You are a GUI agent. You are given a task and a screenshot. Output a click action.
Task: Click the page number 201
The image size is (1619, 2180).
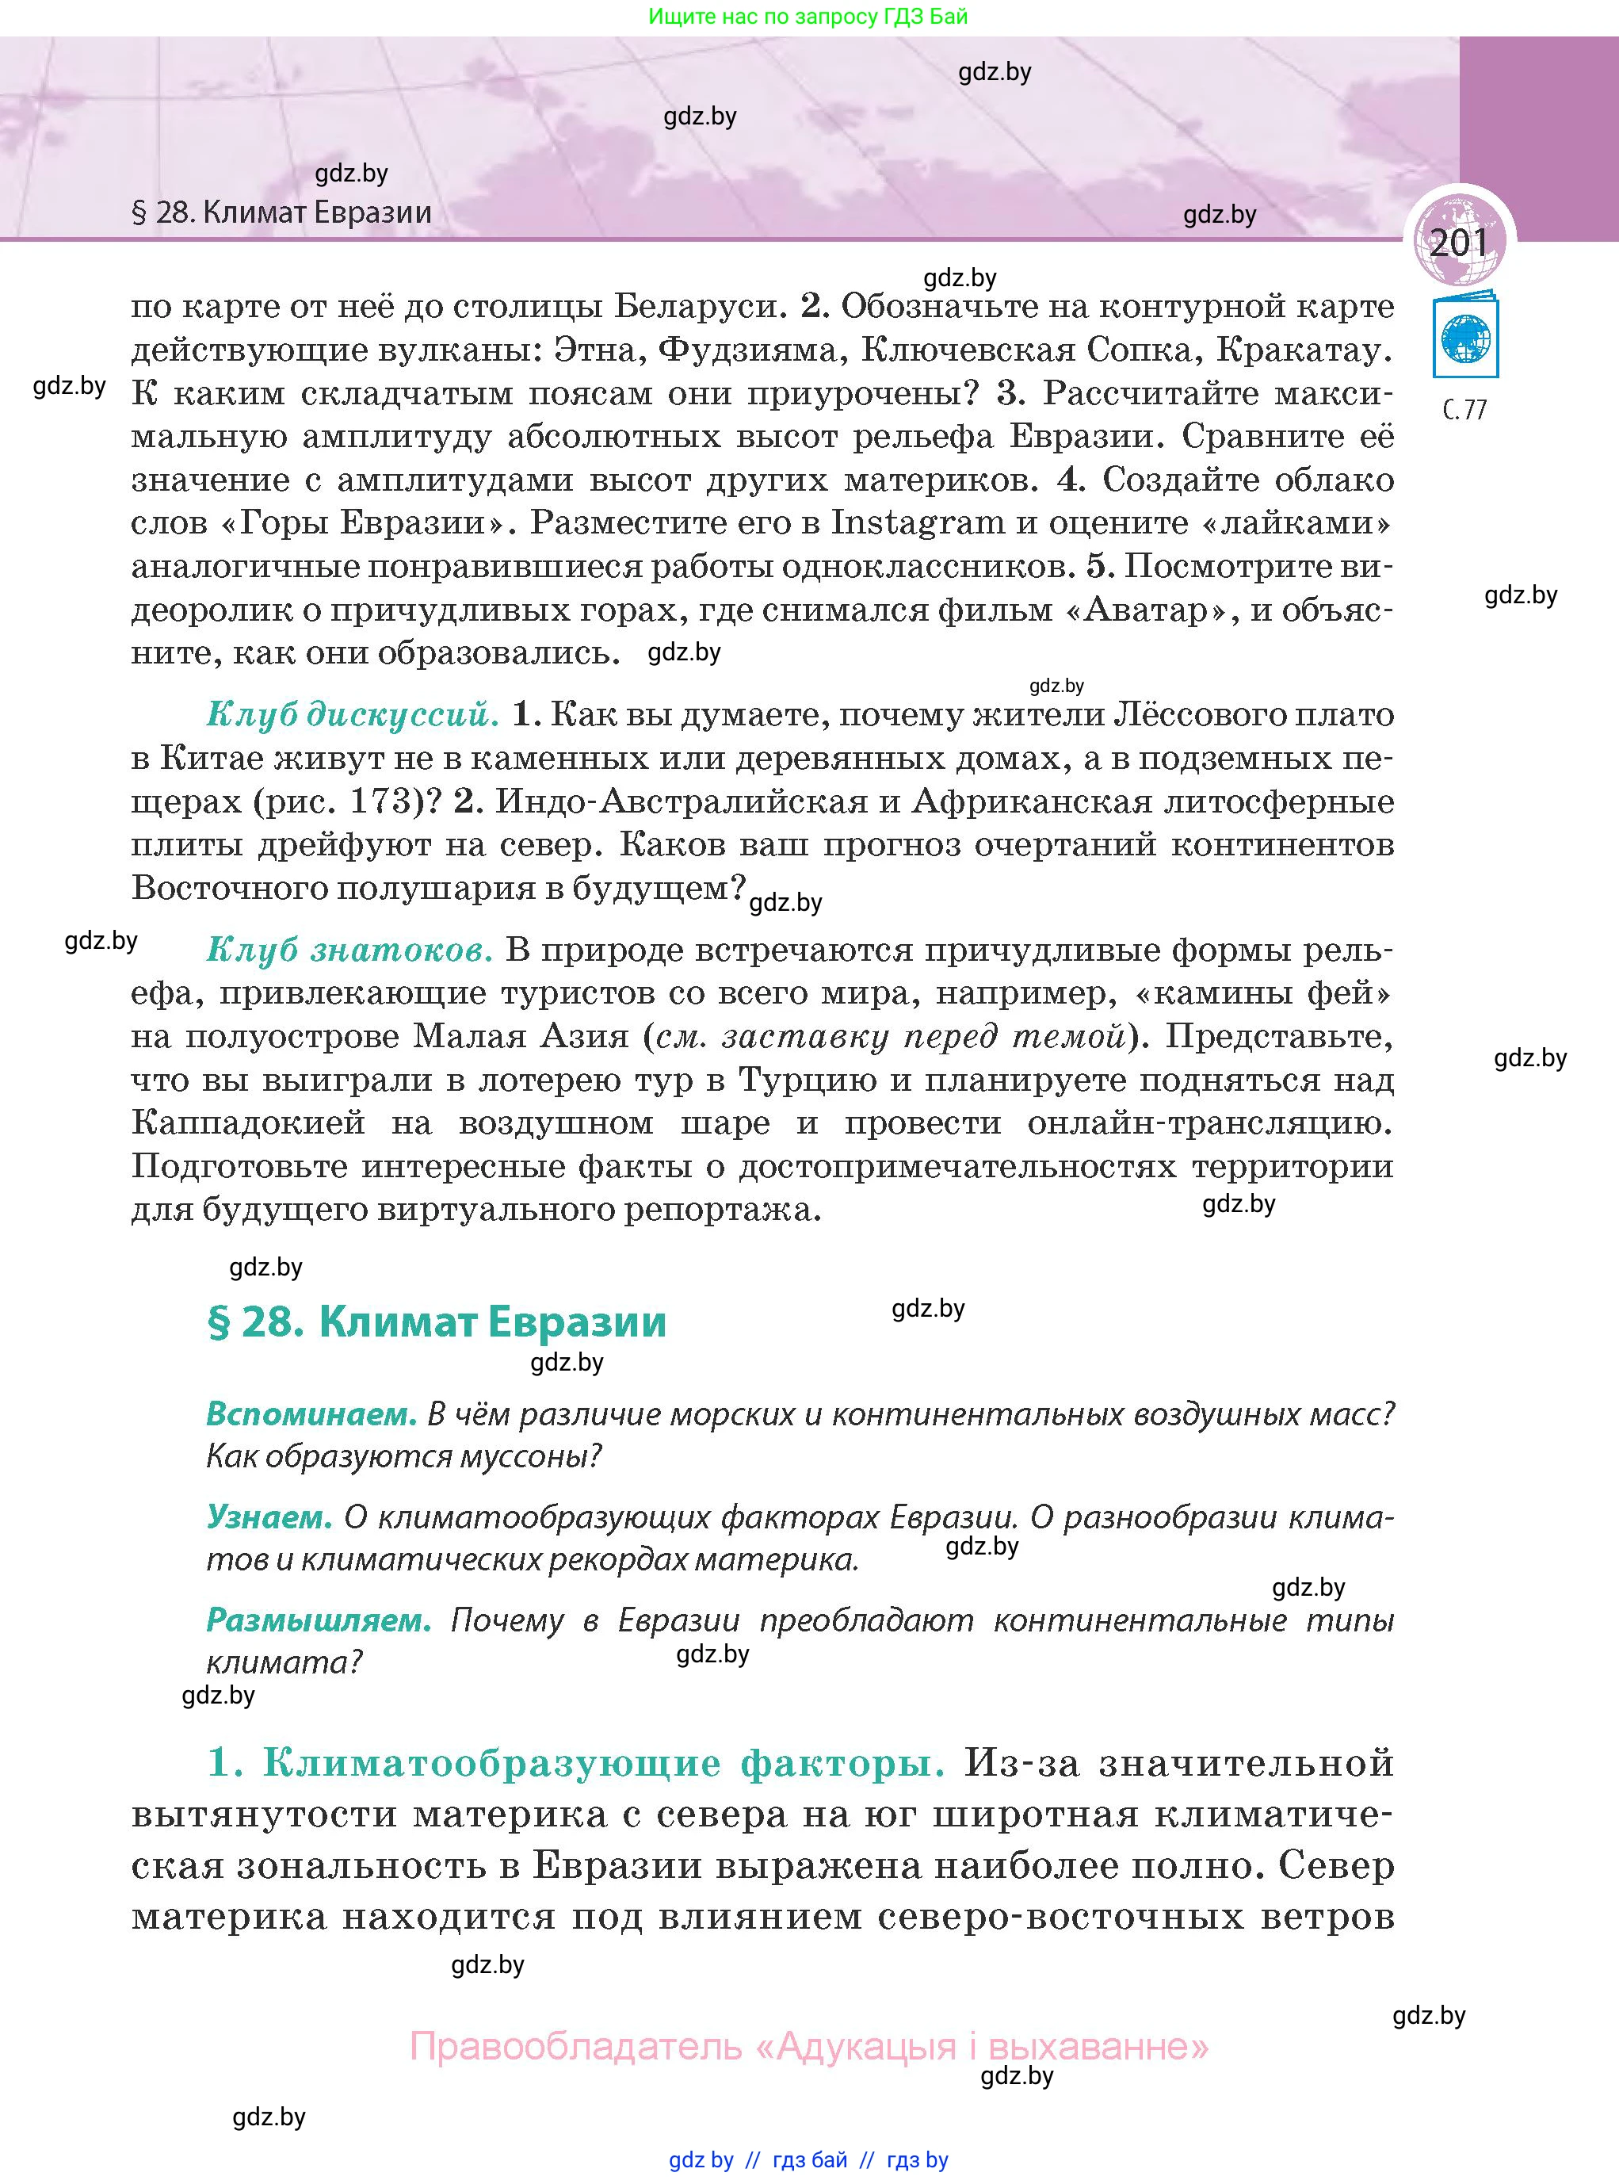[x=1458, y=242]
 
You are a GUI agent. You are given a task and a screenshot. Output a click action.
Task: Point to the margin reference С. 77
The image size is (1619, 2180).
[x=1465, y=410]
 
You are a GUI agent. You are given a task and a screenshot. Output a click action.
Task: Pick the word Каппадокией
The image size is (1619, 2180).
[x=249, y=1123]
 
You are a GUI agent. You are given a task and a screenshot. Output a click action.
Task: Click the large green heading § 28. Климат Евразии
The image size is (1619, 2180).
[x=437, y=1322]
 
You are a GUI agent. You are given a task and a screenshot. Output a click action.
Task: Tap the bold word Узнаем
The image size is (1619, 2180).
[x=269, y=1516]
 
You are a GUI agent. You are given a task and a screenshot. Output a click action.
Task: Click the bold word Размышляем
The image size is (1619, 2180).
[x=319, y=1620]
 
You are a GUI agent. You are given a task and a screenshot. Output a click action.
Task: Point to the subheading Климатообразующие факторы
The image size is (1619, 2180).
[x=603, y=1762]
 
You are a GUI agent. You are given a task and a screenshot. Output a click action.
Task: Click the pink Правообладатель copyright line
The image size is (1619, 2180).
[x=808, y=2047]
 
